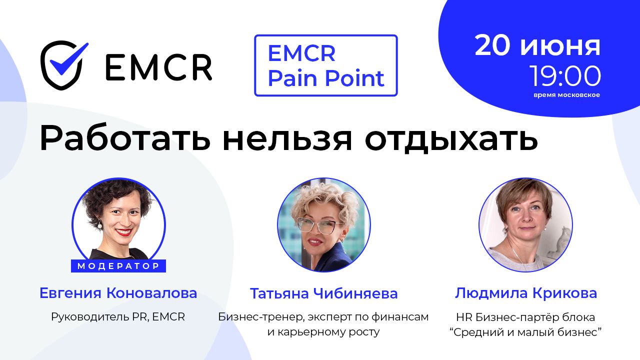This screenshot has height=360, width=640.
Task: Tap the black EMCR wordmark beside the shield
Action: [158, 67]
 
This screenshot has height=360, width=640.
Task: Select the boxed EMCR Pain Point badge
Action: [325, 65]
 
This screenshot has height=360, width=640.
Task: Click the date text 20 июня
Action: [537, 46]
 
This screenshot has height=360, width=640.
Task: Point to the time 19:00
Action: [565, 76]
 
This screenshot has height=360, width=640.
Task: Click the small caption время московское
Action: [566, 95]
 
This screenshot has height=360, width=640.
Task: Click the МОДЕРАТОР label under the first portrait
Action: [118, 266]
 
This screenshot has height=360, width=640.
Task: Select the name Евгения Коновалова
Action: [118, 293]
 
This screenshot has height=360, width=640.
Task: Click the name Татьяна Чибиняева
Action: [323, 293]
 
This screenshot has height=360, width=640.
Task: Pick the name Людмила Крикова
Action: [525, 293]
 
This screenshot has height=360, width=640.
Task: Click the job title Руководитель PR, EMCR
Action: [118, 317]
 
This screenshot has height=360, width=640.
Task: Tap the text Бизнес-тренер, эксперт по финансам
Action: [323, 317]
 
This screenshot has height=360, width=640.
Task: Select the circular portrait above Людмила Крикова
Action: [525, 224]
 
